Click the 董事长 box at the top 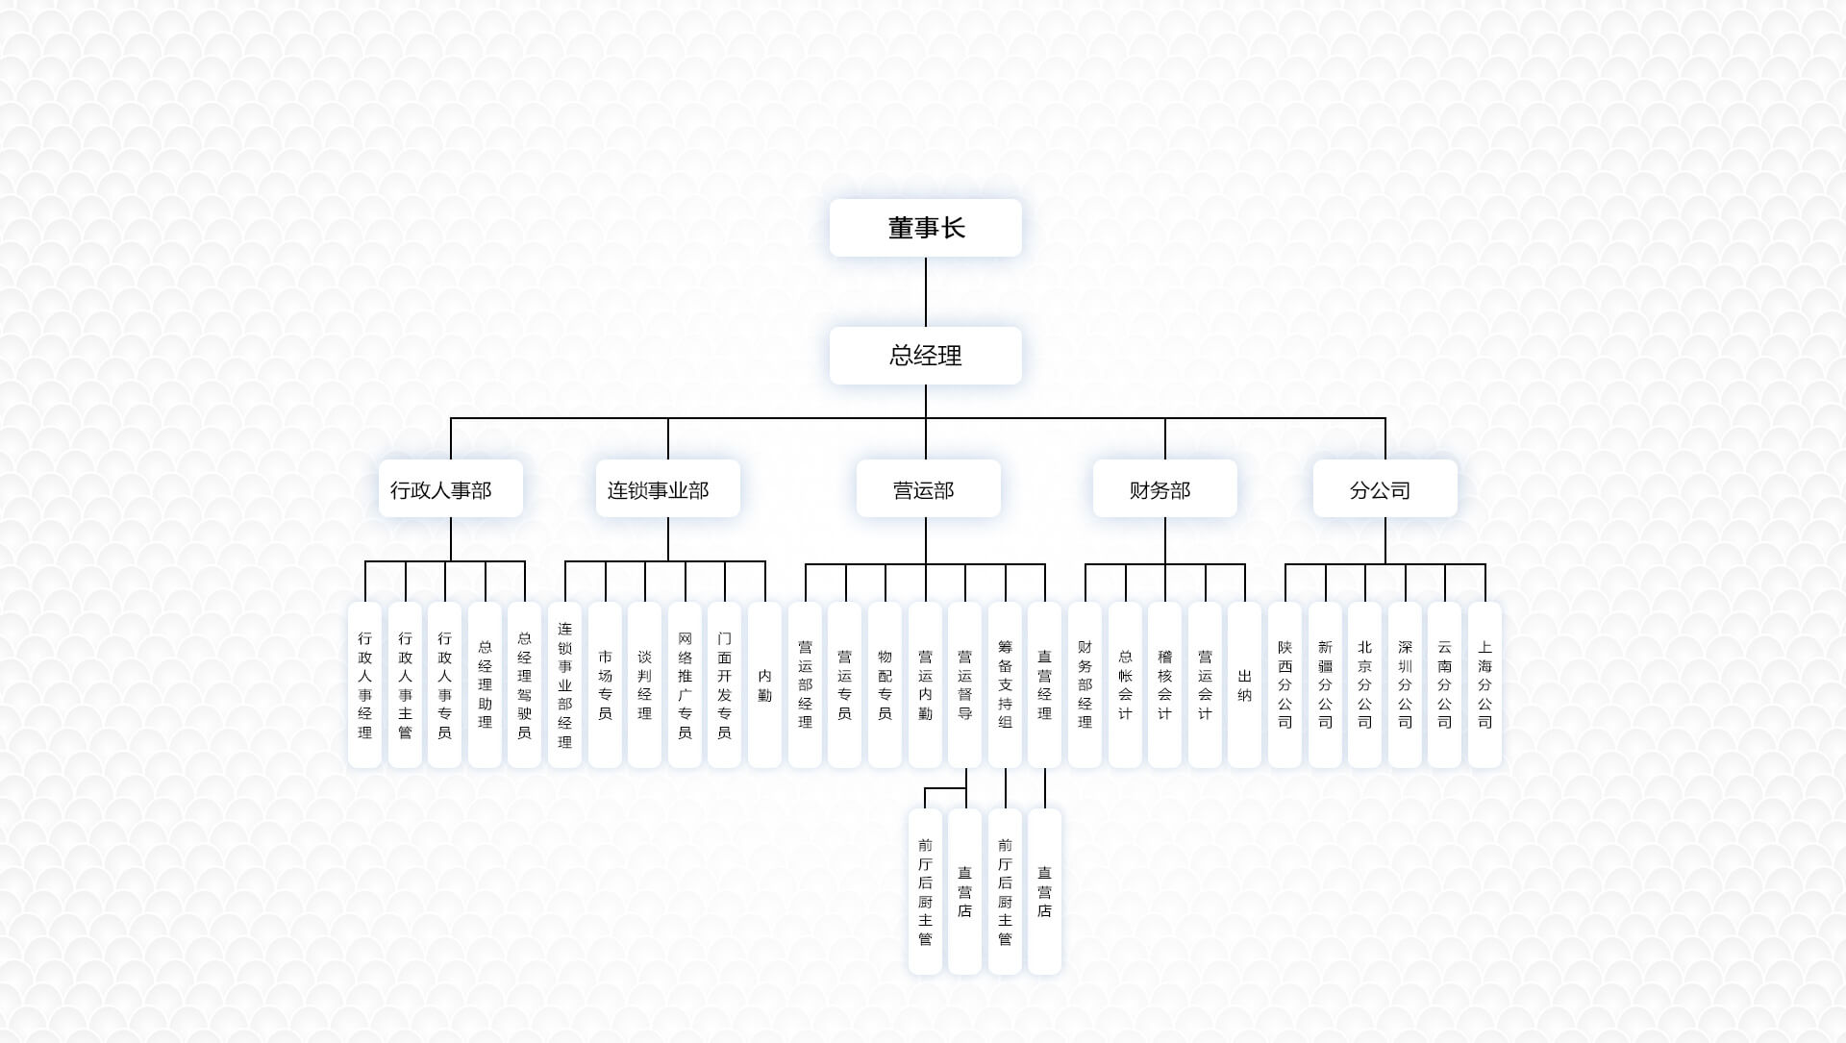[x=925, y=228]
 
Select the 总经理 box [x=925, y=356]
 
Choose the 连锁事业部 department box [x=667, y=489]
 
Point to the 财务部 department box [x=1164, y=489]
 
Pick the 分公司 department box [x=1384, y=489]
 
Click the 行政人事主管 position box [x=405, y=684]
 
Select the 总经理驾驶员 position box [x=524, y=684]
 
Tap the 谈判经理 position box [x=644, y=684]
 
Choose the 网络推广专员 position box [x=685, y=684]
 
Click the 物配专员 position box [x=885, y=684]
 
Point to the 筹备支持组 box [x=1005, y=684]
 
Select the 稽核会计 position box [x=1164, y=684]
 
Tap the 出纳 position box [x=1244, y=684]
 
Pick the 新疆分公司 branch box [x=1325, y=684]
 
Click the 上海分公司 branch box [x=1484, y=684]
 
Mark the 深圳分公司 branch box [x=1405, y=684]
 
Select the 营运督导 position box [x=964, y=684]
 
